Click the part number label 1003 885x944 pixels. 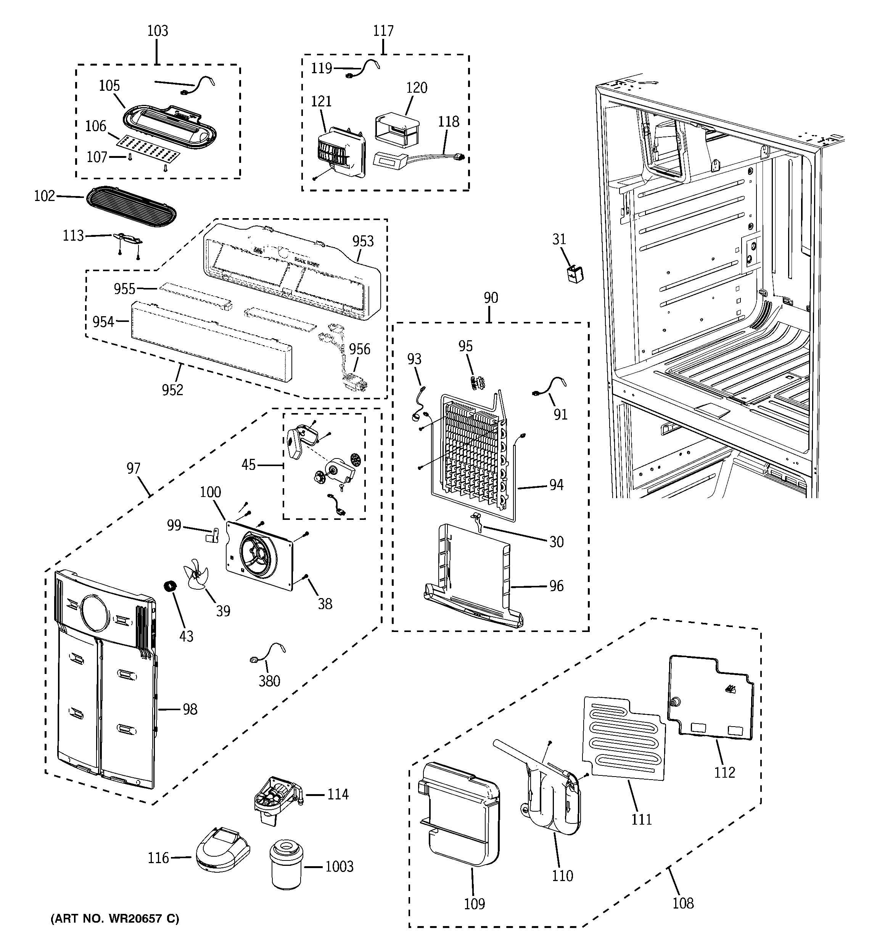(339, 867)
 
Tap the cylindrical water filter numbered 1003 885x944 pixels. (287, 864)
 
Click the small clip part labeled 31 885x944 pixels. (576, 274)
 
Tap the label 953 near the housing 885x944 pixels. (363, 241)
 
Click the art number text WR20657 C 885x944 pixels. (115, 919)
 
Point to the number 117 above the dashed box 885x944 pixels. (383, 31)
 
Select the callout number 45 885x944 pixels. (248, 465)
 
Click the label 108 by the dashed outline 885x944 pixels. (683, 903)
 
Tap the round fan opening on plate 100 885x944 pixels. (258, 553)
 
